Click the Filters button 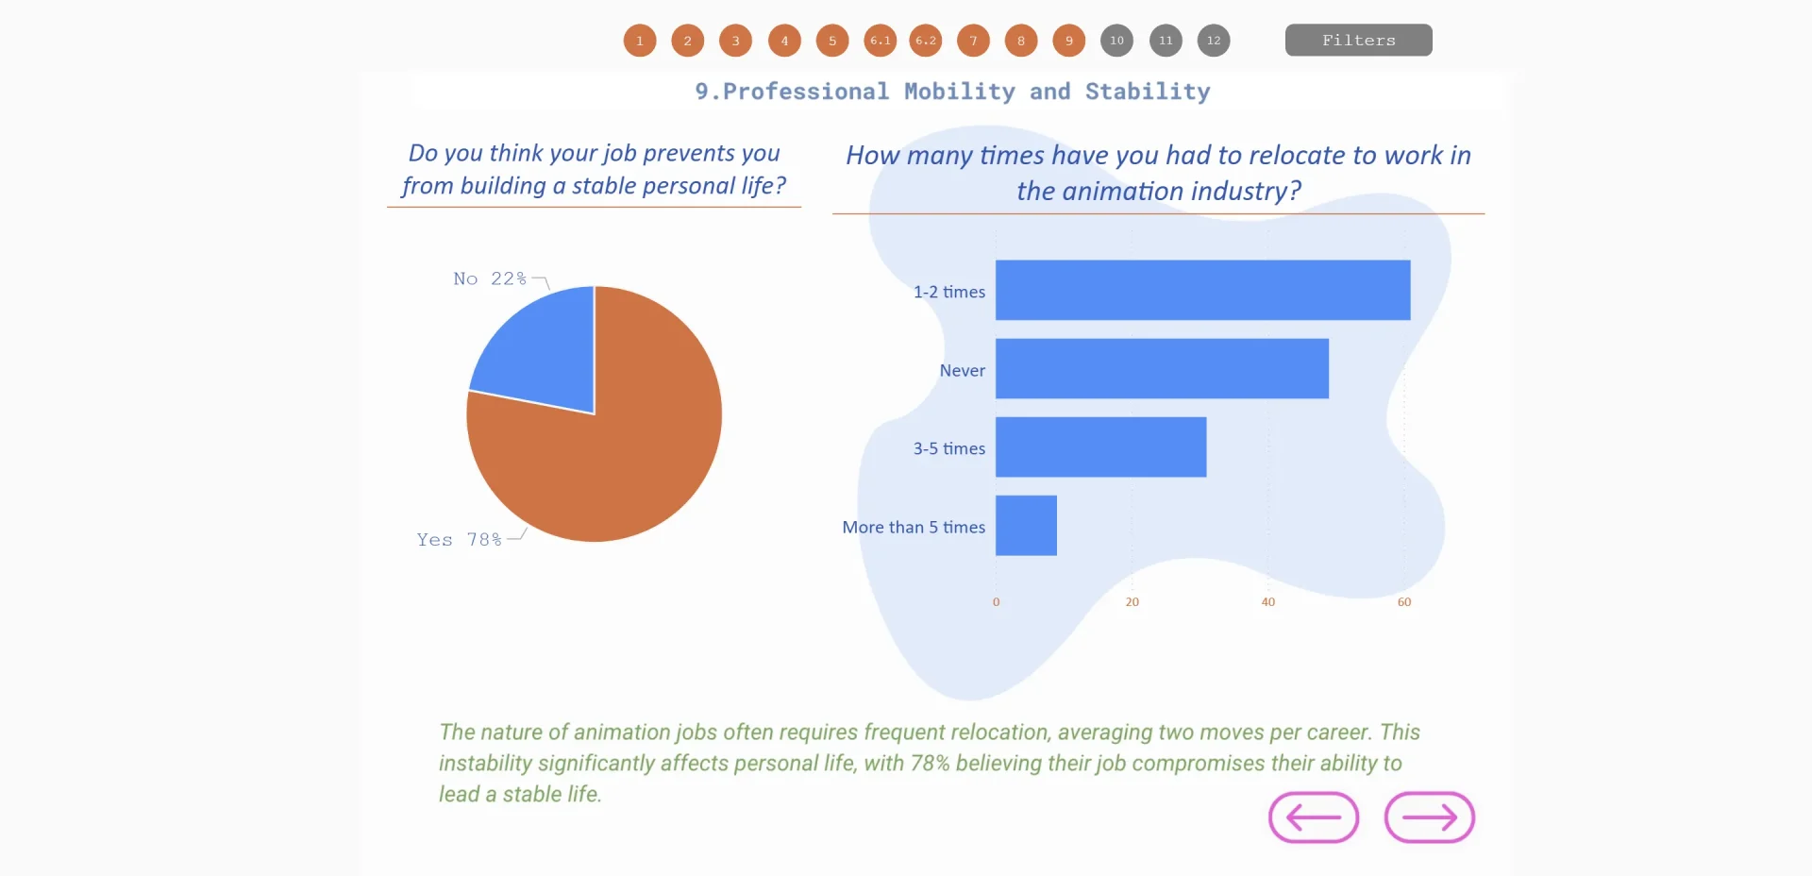1358,40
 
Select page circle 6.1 880,41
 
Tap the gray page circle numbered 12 1213,41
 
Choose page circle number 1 639,41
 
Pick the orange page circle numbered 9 1068,41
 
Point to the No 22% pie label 489,278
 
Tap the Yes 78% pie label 460,539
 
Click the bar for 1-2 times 1202,290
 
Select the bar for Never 1162,368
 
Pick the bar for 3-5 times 1100,446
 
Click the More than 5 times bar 1026,525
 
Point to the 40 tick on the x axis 1267,602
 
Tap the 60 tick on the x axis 1403,602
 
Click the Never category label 962,370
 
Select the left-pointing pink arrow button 1313,817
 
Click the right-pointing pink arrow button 1429,817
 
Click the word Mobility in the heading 959,92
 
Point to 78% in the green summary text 930,763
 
